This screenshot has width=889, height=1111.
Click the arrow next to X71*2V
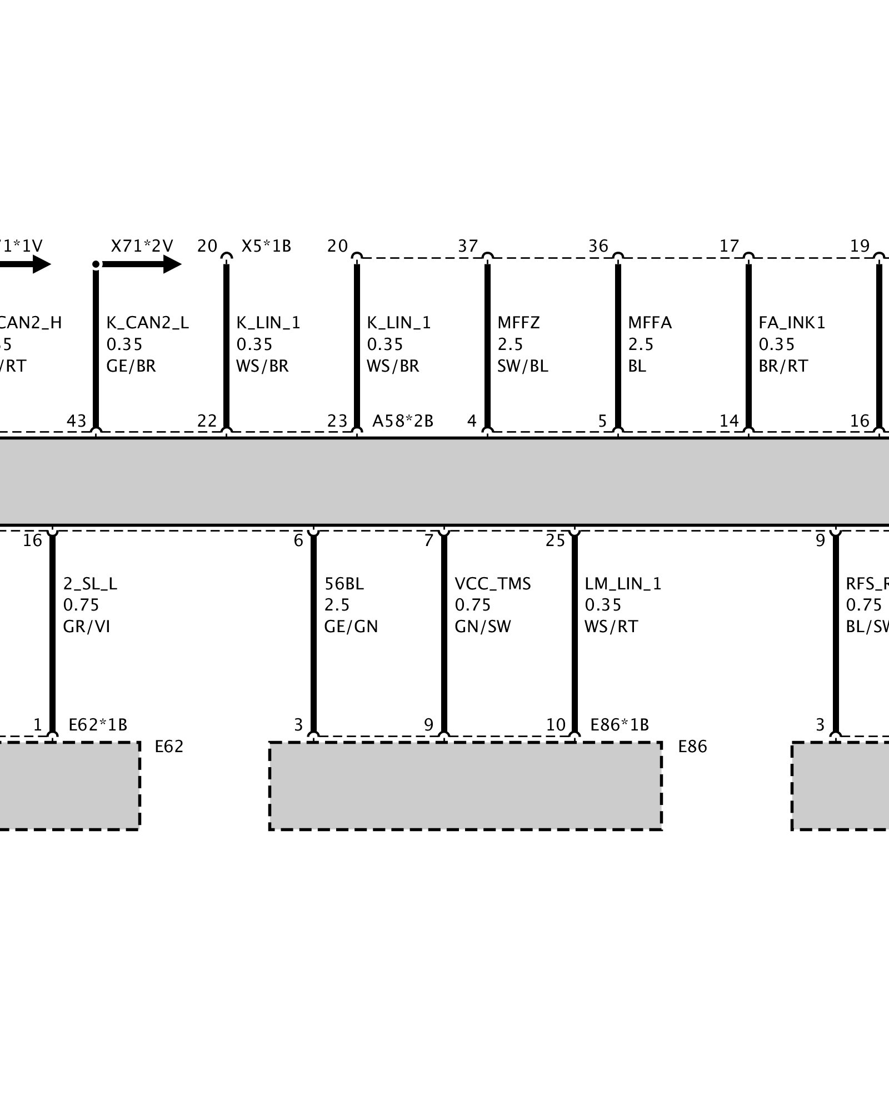pos(142,264)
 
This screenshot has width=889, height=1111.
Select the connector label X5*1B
pos(266,246)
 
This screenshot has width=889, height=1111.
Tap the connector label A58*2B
pos(402,421)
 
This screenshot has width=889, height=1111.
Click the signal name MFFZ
pos(518,323)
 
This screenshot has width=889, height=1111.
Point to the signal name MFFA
pos(650,323)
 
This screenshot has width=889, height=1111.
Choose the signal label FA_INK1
pos(792,323)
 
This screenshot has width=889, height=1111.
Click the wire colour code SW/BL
pos(522,366)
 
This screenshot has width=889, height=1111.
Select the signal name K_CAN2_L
pos(147,323)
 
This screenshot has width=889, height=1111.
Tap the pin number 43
pos(77,421)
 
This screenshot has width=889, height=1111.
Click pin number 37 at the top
pos(468,246)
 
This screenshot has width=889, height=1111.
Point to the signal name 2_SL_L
pos(90,584)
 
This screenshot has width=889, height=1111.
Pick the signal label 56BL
pos(344,584)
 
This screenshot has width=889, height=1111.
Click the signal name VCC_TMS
pos(493,584)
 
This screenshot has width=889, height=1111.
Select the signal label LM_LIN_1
pos(623,584)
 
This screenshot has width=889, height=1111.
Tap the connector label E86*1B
pos(620,725)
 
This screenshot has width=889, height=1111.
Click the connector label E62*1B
pos(98,725)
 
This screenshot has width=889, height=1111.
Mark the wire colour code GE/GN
pos(351,627)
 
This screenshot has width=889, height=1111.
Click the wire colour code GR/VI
pos(87,627)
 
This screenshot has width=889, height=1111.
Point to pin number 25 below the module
pos(555,541)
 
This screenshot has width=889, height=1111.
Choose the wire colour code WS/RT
pos(611,627)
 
